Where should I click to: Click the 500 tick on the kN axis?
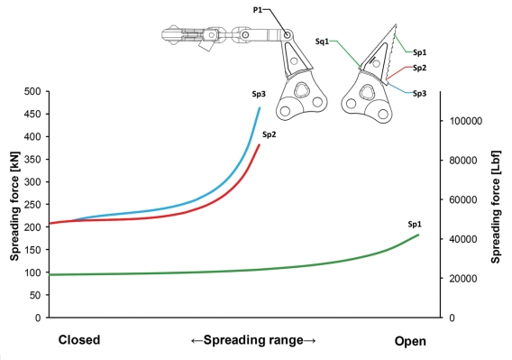[x=32, y=91]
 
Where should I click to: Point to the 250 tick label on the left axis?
[x=32, y=205]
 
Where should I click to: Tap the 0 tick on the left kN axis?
[x=38, y=318]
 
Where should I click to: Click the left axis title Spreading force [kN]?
[x=14, y=206]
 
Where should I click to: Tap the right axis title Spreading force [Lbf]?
[x=496, y=207]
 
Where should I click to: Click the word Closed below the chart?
[x=79, y=340]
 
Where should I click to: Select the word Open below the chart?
[x=410, y=341]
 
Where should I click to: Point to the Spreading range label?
[x=253, y=340]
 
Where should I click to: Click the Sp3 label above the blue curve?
[x=259, y=94]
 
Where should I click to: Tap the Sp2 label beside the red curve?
[x=270, y=134]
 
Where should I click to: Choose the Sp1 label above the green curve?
[x=415, y=225]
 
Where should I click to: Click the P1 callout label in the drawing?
[x=257, y=10]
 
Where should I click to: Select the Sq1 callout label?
[x=322, y=42]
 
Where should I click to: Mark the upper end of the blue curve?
[x=260, y=107]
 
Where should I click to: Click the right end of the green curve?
[x=418, y=235]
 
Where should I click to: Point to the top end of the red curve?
[x=260, y=144]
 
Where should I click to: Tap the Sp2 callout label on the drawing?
[x=419, y=68]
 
